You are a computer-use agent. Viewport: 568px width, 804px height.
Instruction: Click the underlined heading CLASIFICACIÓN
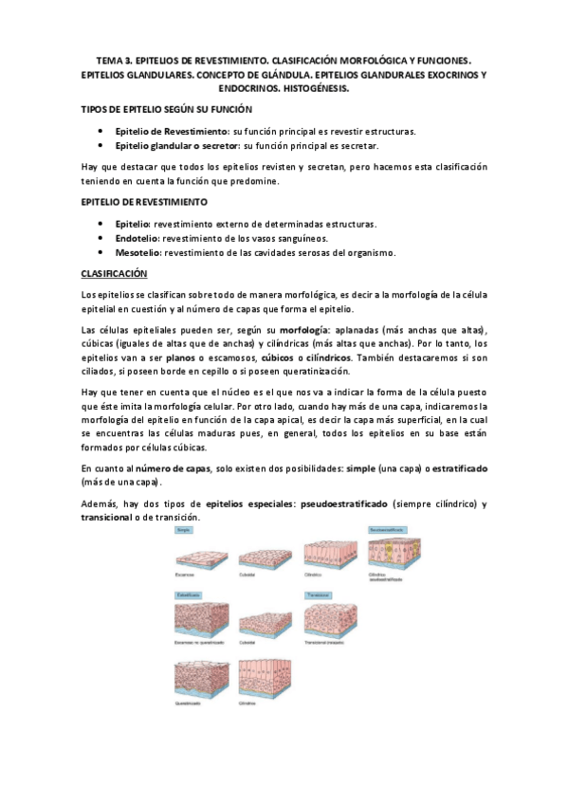115,274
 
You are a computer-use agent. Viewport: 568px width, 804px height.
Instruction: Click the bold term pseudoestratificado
339,503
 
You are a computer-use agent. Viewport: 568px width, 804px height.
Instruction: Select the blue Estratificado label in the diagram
190,595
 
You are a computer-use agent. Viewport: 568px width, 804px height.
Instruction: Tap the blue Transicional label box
319,595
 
